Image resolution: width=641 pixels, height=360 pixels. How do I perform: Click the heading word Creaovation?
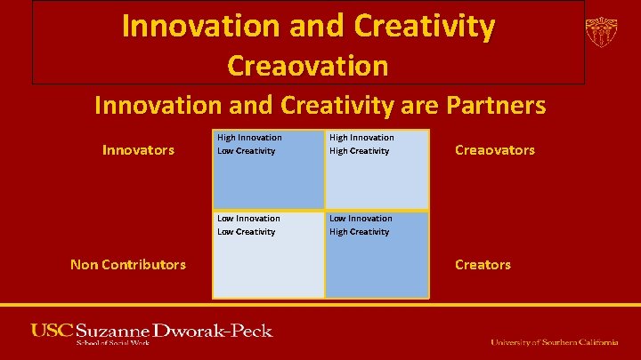tap(308, 66)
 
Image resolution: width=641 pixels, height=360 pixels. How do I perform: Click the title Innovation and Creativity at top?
tap(308, 26)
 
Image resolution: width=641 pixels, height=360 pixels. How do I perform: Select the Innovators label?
tap(138, 150)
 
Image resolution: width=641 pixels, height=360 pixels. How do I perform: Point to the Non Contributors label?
tap(128, 264)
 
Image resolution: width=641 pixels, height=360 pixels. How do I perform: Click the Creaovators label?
tap(495, 150)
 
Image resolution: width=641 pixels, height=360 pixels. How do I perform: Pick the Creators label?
tap(483, 264)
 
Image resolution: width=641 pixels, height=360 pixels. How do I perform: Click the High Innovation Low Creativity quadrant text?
tap(249, 144)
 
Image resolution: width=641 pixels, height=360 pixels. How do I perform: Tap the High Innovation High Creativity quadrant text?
tap(361, 144)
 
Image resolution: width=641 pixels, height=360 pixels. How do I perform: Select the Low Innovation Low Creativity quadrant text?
tap(248, 225)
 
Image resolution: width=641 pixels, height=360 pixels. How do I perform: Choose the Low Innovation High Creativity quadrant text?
tap(360, 225)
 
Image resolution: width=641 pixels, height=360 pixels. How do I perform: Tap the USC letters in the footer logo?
tap(52, 331)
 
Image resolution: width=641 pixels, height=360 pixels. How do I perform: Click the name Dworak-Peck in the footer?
tap(213, 331)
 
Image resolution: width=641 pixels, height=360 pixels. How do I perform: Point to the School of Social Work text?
tap(114, 343)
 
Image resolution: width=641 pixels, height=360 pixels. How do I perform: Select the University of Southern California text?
tap(554, 342)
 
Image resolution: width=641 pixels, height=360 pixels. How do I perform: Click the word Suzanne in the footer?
tap(113, 331)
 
